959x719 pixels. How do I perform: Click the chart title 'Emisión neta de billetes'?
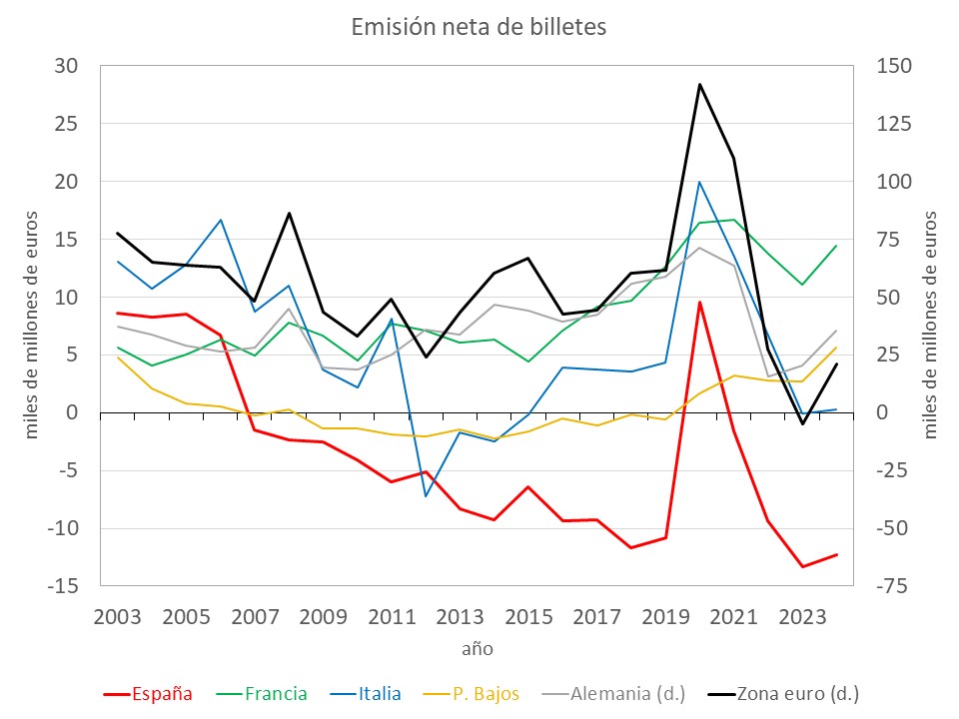479,28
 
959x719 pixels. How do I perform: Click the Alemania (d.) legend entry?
605,693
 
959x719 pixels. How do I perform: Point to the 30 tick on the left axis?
66,67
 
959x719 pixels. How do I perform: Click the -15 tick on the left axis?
62,586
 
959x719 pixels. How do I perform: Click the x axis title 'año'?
478,648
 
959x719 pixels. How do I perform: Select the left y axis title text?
32,325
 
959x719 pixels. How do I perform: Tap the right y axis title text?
930,325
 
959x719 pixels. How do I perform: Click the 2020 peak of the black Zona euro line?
700,85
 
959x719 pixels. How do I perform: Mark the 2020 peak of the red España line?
700,302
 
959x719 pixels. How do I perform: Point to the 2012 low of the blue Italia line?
427,496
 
